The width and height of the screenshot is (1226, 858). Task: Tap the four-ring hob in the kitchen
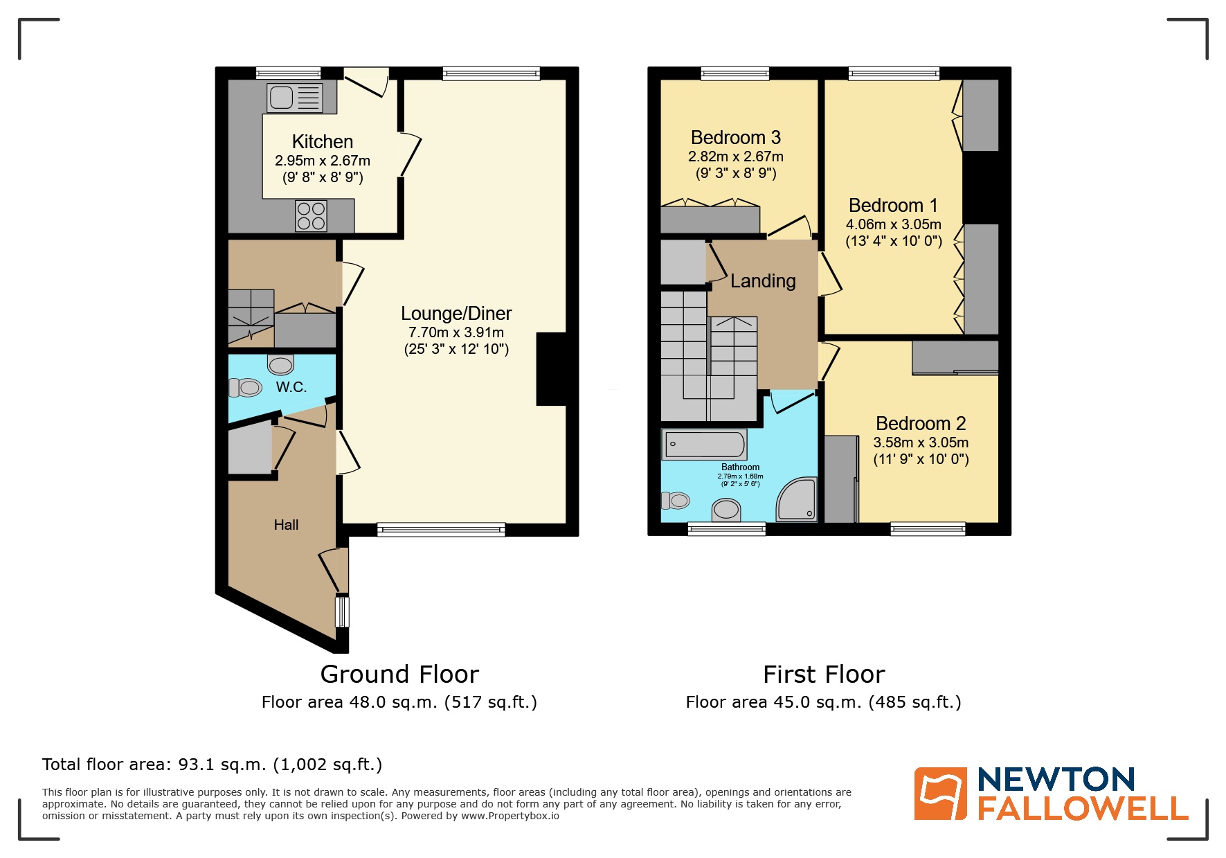click(x=311, y=215)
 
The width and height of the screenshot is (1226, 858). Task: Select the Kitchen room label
click(x=323, y=142)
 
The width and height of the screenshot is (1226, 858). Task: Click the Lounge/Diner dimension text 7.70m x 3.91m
click(x=456, y=332)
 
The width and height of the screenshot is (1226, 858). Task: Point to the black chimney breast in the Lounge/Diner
click(x=551, y=369)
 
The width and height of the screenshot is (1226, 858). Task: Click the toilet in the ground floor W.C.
click(x=245, y=387)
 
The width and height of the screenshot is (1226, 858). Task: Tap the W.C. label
click(x=291, y=387)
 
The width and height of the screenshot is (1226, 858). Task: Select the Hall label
click(x=286, y=525)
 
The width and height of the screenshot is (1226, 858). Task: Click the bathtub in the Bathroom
click(x=704, y=445)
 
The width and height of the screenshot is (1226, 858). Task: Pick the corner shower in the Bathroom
click(x=798, y=500)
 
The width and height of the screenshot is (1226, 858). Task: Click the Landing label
click(x=763, y=281)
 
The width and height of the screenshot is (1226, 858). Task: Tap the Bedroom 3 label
click(x=736, y=138)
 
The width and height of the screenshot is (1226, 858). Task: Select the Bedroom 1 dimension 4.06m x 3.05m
click(x=893, y=224)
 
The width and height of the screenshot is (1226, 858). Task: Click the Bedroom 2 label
click(x=921, y=423)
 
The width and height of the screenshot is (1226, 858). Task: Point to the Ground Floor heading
click(x=399, y=674)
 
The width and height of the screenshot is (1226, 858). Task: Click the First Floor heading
click(x=824, y=674)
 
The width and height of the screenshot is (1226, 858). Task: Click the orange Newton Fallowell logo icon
click(x=940, y=794)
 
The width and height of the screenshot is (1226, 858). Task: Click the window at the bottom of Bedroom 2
click(x=928, y=530)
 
